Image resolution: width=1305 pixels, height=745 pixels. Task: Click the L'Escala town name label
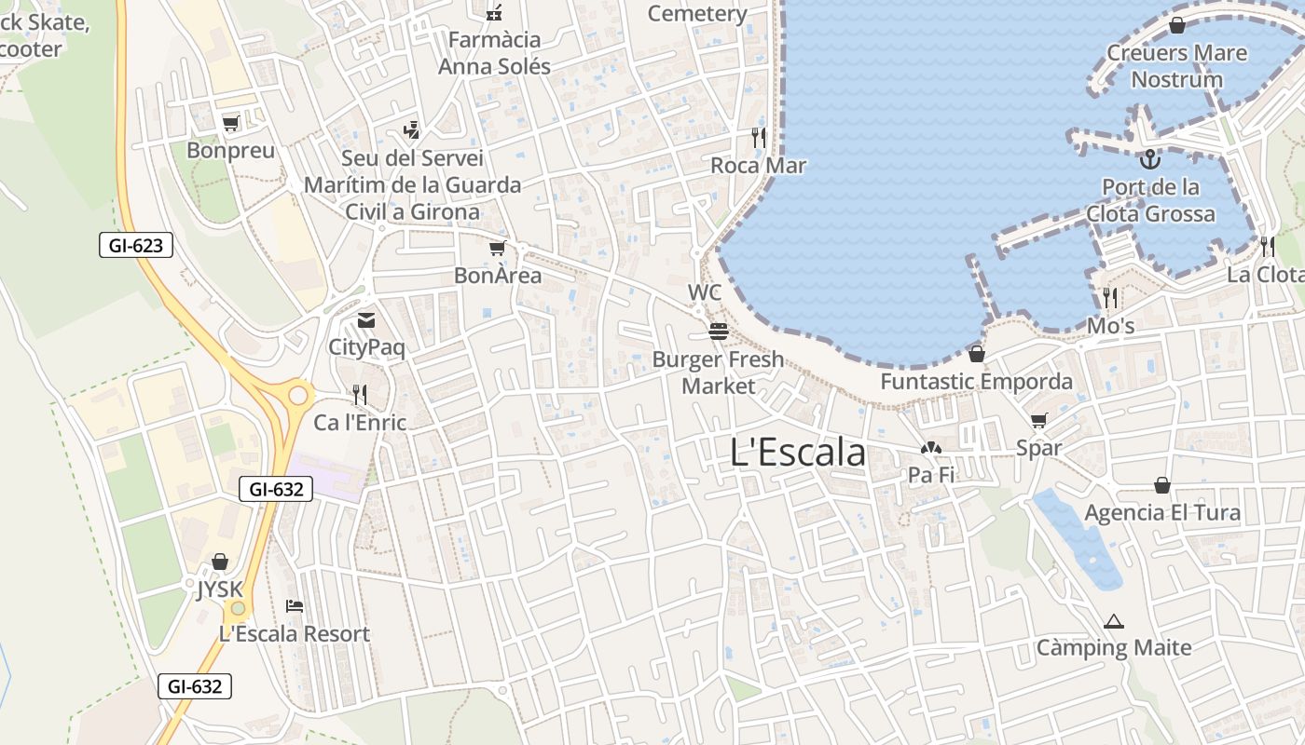pyautogui.click(x=798, y=453)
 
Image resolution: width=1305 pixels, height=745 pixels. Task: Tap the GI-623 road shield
pyautogui.click(x=135, y=246)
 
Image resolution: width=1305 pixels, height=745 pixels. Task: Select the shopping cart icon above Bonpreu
pyautogui.click(x=230, y=123)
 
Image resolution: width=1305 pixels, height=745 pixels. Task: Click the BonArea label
pyautogui.click(x=498, y=276)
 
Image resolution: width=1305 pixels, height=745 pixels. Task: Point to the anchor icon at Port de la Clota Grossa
pyautogui.click(x=1149, y=159)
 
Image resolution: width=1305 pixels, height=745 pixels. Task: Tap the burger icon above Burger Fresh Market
pyautogui.click(x=718, y=331)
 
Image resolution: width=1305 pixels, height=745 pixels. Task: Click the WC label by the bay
pyautogui.click(x=705, y=292)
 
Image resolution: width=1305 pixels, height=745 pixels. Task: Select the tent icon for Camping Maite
pyautogui.click(x=1113, y=621)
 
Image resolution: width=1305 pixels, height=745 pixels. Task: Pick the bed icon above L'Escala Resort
pyautogui.click(x=295, y=606)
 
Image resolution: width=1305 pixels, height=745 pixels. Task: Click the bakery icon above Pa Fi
pyautogui.click(x=931, y=449)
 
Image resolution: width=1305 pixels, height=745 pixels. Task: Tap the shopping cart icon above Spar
pyautogui.click(x=1039, y=420)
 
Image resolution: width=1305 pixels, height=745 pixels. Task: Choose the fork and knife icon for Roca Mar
pyautogui.click(x=758, y=138)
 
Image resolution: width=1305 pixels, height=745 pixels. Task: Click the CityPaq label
pyautogui.click(x=367, y=348)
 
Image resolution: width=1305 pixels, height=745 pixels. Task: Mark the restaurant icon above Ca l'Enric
pyautogui.click(x=360, y=395)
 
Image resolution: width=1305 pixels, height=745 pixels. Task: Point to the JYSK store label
pyautogui.click(x=220, y=589)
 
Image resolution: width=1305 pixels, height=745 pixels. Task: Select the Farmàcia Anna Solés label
pyautogui.click(x=495, y=53)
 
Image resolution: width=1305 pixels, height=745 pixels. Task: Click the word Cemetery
pyautogui.click(x=697, y=14)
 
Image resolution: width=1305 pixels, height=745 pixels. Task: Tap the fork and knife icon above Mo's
pyautogui.click(x=1110, y=298)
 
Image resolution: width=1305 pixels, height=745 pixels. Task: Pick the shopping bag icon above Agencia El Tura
pyautogui.click(x=1162, y=485)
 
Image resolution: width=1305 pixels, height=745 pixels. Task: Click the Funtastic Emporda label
pyautogui.click(x=977, y=382)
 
